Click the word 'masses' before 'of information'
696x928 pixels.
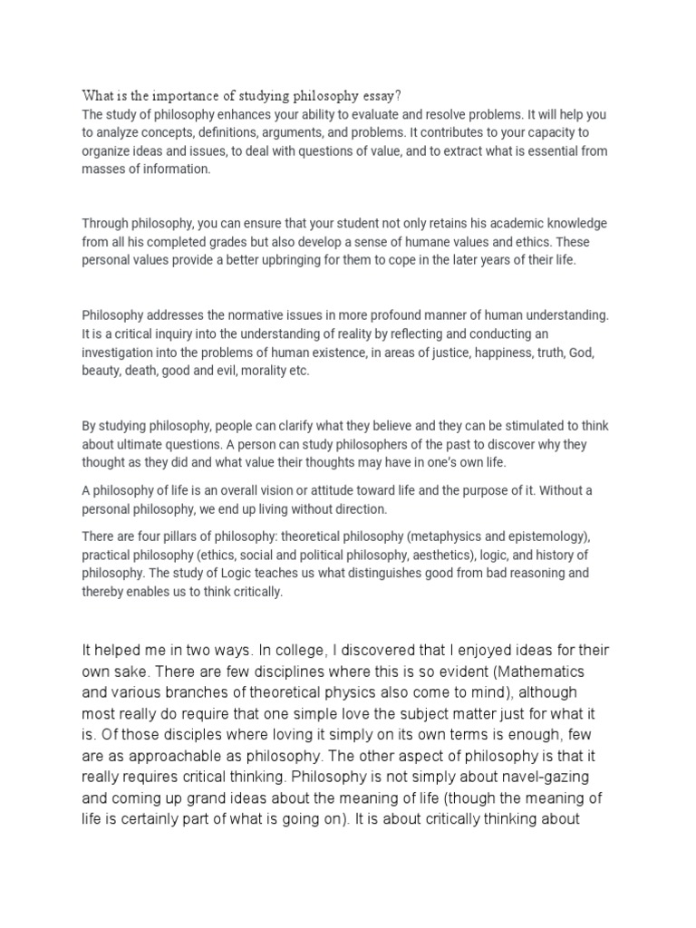pos(102,169)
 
